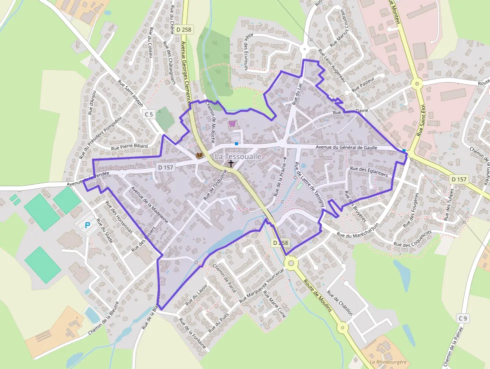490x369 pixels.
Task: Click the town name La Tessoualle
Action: pos(238,157)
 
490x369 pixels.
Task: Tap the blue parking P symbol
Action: pos(87,226)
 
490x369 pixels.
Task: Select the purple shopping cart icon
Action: pos(232,123)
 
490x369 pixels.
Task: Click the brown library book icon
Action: pos(199,156)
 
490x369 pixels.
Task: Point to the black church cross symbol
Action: pos(231,163)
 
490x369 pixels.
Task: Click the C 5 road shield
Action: pos(148,115)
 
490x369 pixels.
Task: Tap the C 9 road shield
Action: pos(463,318)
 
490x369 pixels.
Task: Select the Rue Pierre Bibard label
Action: pos(129,147)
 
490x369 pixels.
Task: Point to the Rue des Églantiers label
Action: pos(369,169)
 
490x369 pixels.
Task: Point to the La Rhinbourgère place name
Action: pos(387,361)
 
